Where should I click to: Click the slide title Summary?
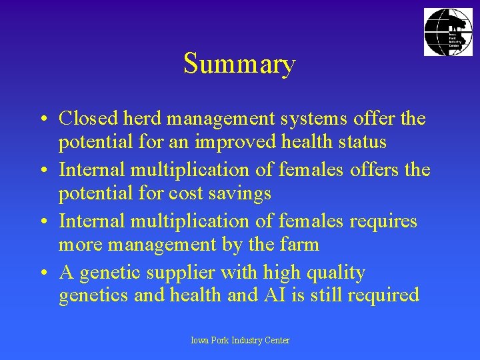239,65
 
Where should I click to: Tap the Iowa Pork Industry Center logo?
448,32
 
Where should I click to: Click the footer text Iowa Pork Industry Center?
240,340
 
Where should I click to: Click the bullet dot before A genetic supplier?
41,273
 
